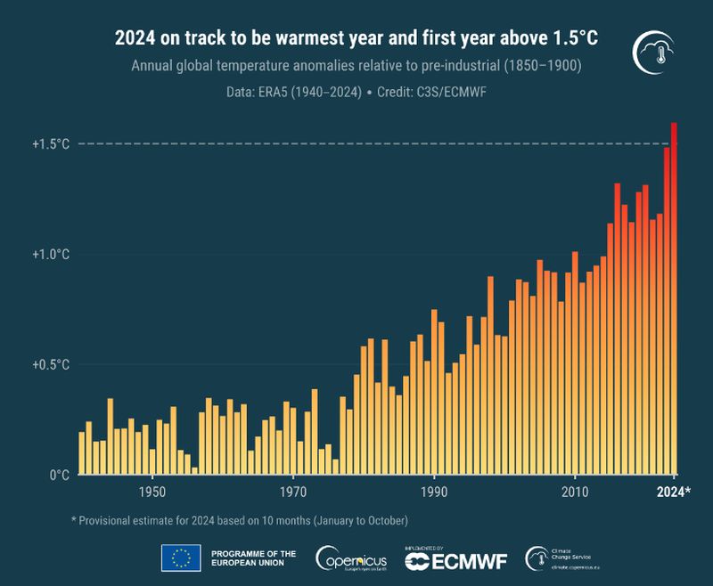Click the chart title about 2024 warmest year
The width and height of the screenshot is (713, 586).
(356, 39)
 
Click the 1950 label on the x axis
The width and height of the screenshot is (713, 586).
(152, 492)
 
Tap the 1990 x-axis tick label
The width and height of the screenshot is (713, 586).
(434, 492)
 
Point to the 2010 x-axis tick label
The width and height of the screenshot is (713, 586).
(575, 492)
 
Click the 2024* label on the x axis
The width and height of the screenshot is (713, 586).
(674, 492)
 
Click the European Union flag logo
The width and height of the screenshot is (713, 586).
(181, 558)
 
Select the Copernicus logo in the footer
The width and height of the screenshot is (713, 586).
(351, 558)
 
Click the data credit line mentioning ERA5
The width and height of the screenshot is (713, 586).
(356, 92)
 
